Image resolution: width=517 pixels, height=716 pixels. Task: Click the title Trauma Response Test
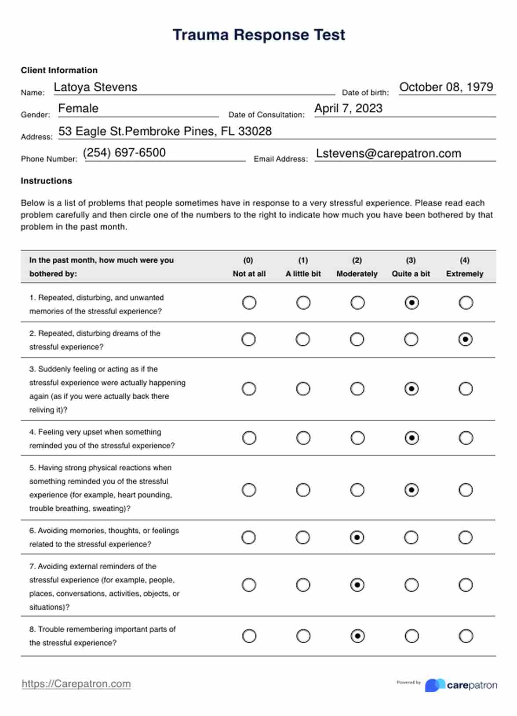[258, 35]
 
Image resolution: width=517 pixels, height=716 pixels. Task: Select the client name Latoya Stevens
[95, 87]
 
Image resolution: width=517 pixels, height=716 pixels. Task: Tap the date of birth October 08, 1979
[446, 87]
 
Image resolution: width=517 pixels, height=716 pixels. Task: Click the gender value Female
[78, 108]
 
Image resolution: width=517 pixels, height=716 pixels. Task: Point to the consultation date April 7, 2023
[348, 108]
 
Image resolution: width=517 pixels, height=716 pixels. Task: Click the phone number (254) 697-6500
[124, 153]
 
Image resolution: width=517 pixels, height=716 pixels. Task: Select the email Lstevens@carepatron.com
[389, 153]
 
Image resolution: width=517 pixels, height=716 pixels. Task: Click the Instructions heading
[46, 181]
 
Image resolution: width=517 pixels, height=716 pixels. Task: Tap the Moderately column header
[357, 273]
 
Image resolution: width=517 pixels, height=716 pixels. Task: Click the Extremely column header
[464, 273]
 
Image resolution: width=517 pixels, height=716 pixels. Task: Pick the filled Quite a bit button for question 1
[411, 303]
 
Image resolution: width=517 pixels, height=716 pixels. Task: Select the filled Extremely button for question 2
[466, 340]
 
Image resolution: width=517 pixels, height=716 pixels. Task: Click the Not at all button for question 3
[249, 389]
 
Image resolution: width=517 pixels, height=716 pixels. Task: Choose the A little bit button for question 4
[303, 438]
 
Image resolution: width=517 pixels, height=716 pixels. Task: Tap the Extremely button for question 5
[466, 490]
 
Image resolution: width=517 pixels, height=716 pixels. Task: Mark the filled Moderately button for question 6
[357, 538]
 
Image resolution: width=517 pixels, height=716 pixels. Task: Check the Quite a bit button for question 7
[411, 585]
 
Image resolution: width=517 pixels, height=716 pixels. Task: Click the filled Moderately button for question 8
[357, 636]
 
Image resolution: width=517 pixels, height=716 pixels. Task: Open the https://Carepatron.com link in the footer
[76, 684]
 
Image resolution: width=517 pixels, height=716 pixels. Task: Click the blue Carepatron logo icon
[434, 685]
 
